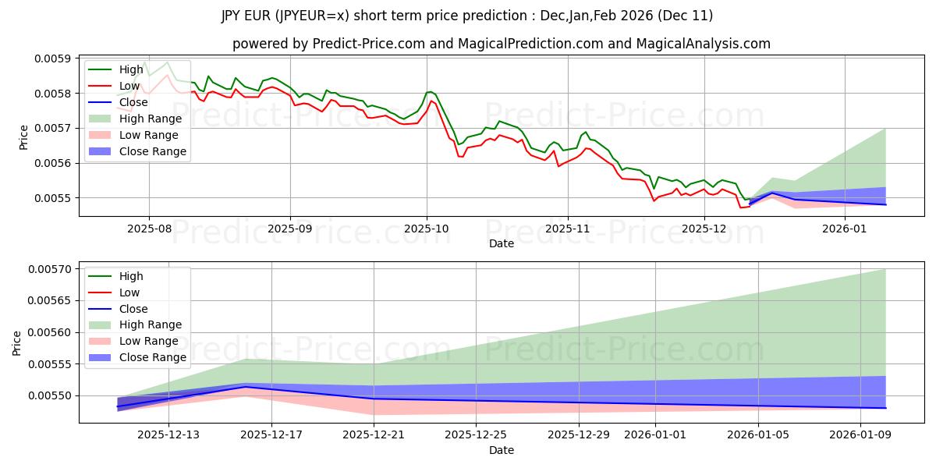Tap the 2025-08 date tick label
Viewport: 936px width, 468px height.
click(149, 229)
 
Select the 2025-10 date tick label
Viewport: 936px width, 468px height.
click(426, 229)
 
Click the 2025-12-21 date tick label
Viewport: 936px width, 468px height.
click(374, 434)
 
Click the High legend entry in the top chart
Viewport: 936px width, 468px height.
click(131, 69)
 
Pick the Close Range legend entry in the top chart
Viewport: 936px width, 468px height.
click(152, 151)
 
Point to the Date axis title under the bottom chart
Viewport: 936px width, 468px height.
click(502, 450)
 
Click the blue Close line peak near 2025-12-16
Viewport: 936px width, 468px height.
click(245, 387)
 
